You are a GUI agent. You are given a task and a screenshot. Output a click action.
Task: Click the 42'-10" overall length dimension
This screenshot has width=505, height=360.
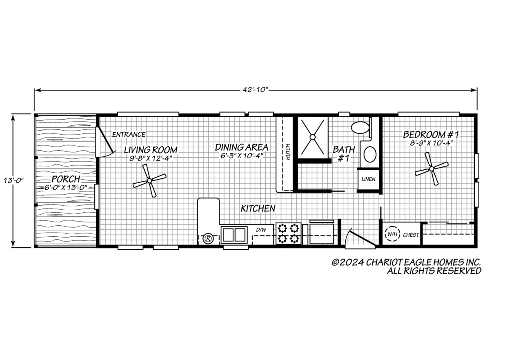[x=255, y=90]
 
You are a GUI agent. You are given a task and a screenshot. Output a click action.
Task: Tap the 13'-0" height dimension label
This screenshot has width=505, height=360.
[x=14, y=180]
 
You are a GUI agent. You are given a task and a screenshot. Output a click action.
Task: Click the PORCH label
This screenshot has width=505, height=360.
[x=66, y=179]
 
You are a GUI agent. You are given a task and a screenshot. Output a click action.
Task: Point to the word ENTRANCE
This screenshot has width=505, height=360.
[x=129, y=135]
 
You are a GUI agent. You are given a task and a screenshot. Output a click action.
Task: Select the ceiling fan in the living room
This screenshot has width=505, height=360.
[x=149, y=180]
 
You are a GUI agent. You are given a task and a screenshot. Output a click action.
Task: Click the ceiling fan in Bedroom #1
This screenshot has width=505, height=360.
[x=432, y=169]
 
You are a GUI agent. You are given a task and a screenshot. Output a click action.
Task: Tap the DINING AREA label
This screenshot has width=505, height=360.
[x=241, y=147]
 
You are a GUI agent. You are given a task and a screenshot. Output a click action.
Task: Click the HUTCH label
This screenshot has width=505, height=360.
[x=288, y=152]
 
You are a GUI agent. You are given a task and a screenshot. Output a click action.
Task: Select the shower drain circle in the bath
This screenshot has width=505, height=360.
[x=312, y=137]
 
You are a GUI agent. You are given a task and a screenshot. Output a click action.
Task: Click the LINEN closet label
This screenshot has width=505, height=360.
[x=368, y=179]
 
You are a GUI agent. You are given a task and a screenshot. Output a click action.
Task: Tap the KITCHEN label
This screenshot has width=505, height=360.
[x=258, y=209]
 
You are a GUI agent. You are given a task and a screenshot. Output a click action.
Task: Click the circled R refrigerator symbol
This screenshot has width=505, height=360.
[x=208, y=239]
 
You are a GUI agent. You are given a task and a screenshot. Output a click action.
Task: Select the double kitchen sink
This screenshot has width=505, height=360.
[x=234, y=235]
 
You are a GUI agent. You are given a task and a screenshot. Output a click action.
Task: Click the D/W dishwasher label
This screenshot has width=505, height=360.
[x=261, y=230]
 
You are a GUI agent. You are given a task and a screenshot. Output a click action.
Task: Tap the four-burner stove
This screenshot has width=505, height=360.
[x=288, y=233]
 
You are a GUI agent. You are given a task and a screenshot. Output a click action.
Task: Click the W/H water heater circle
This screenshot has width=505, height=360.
[x=392, y=234]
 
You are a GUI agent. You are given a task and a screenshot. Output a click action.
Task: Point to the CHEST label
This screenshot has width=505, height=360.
[x=411, y=235]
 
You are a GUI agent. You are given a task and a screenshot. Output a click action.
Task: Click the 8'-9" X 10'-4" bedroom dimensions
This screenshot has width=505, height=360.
[x=431, y=143]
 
